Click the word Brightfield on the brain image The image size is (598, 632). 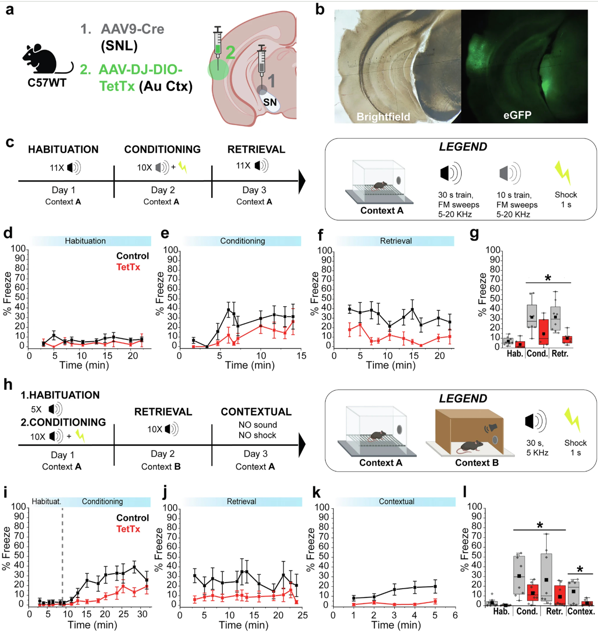[x=383, y=117]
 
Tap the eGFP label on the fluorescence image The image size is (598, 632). [x=517, y=115]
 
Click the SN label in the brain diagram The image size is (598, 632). [x=270, y=102]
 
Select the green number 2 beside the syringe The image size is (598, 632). [x=230, y=52]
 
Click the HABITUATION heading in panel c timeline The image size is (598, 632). [x=63, y=149]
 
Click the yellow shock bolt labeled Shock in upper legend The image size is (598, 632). [x=563, y=173]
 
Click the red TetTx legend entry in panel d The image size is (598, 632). [x=128, y=267]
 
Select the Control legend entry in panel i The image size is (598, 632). [x=133, y=518]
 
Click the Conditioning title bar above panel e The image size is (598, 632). [x=242, y=241]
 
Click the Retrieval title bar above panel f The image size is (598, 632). [x=396, y=241]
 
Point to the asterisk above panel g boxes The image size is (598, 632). [x=548, y=278]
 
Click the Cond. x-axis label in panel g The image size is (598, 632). [x=537, y=354]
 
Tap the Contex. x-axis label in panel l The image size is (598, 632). [x=581, y=611]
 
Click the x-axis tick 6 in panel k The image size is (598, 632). [x=455, y=615]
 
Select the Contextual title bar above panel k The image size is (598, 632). [x=396, y=502]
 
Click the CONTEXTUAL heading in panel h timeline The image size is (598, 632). [x=256, y=412]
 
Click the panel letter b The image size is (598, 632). [x=320, y=9]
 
